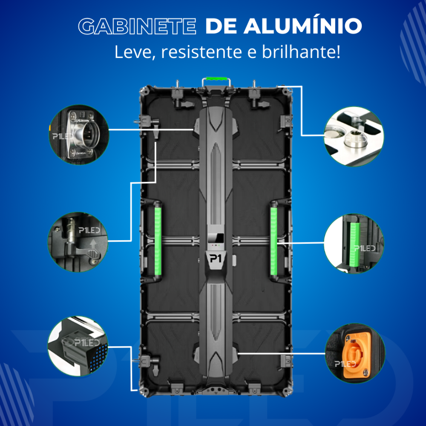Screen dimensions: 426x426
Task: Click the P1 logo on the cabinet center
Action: pos(216,259)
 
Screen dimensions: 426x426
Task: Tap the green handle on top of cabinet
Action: pos(216,79)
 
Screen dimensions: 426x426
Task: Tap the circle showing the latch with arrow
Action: pos(77,242)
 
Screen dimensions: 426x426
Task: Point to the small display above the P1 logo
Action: pos(216,239)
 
